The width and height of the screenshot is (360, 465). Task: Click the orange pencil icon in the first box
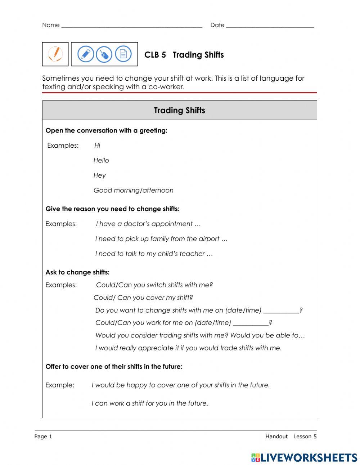coord(55,54)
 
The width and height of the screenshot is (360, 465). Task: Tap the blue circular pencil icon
coord(86,54)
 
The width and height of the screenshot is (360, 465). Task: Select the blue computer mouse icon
coord(104,54)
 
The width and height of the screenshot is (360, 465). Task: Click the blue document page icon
coord(123,54)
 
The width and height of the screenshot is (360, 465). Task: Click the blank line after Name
coord(132,26)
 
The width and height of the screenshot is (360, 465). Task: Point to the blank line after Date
coord(270,26)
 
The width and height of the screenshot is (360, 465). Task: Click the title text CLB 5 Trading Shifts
coord(184,55)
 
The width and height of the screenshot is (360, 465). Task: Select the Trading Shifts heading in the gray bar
coord(179,110)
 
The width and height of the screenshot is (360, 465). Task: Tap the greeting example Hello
coord(101,160)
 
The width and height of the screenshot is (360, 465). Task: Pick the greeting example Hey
coord(100,175)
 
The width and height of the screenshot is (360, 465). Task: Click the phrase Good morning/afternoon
coord(133,190)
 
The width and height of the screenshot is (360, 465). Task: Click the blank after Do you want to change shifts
coord(281,310)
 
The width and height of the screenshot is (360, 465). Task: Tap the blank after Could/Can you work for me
coord(251,323)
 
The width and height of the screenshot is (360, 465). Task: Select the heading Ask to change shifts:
coord(77,272)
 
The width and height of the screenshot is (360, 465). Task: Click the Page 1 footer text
coord(43,437)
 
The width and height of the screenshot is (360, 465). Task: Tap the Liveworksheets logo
coord(304,457)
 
